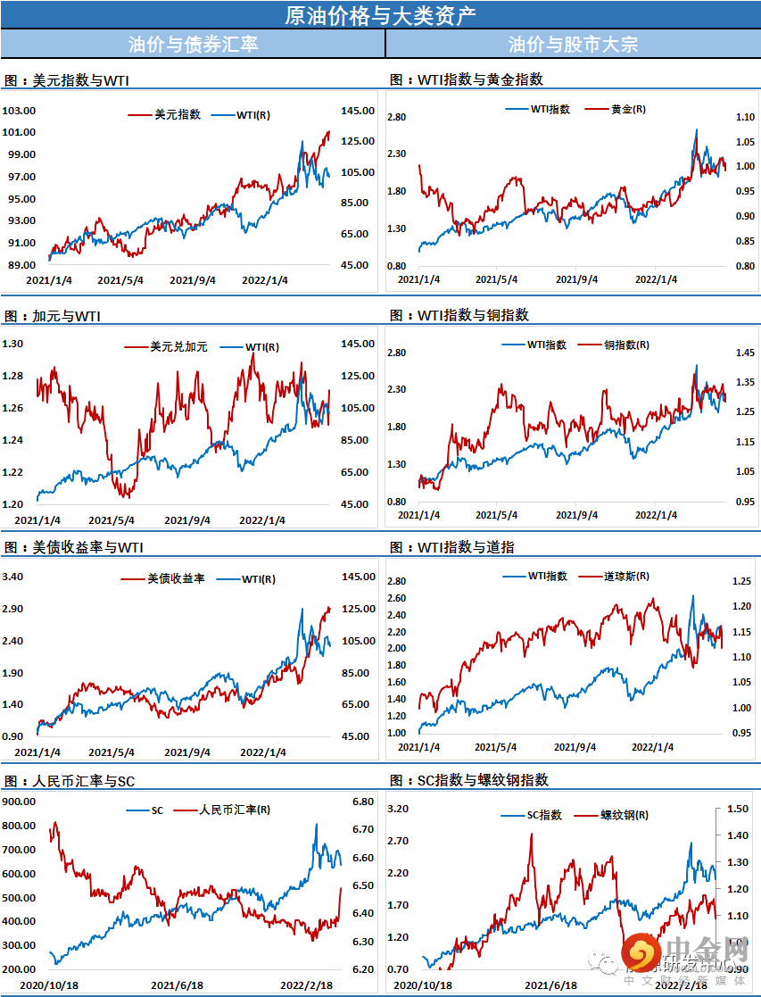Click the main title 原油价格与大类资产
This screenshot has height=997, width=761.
coord(380,15)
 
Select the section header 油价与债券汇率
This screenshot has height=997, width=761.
coord(193,44)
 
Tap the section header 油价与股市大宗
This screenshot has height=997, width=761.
coord(573,44)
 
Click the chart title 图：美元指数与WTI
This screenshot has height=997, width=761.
coord(67,80)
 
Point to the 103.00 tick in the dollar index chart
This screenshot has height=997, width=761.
coord(19,111)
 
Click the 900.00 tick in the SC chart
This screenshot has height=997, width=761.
coord(19,802)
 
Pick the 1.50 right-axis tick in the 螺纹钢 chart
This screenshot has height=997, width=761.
coord(738,808)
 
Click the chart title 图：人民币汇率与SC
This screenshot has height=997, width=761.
coord(70,781)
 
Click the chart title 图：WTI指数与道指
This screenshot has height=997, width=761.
coord(452,547)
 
